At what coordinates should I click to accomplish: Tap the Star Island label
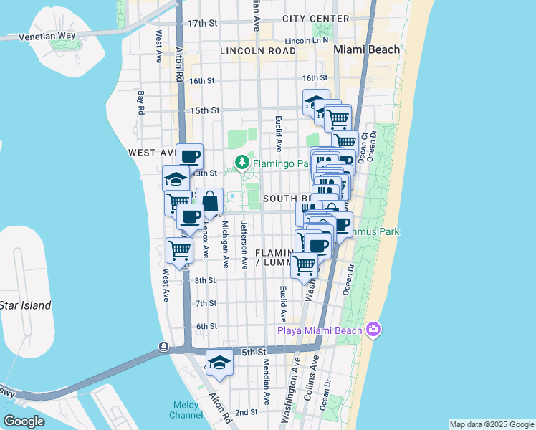(25, 305)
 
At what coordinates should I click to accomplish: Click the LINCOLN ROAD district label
(258, 51)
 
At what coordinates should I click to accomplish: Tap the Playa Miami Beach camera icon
(373, 330)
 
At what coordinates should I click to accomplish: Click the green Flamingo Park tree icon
(242, 162)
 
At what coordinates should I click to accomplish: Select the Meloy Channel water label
(186, 409)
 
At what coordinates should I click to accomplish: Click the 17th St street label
(202, 24)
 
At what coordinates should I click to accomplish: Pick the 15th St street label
(204, 110)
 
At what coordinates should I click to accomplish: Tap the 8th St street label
(206, 280)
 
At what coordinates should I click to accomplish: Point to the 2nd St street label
(246, 412)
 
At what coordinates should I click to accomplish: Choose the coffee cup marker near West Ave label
(189, 156)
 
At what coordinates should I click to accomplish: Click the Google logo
(24, 421)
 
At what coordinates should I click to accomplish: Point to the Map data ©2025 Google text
(491, 424)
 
